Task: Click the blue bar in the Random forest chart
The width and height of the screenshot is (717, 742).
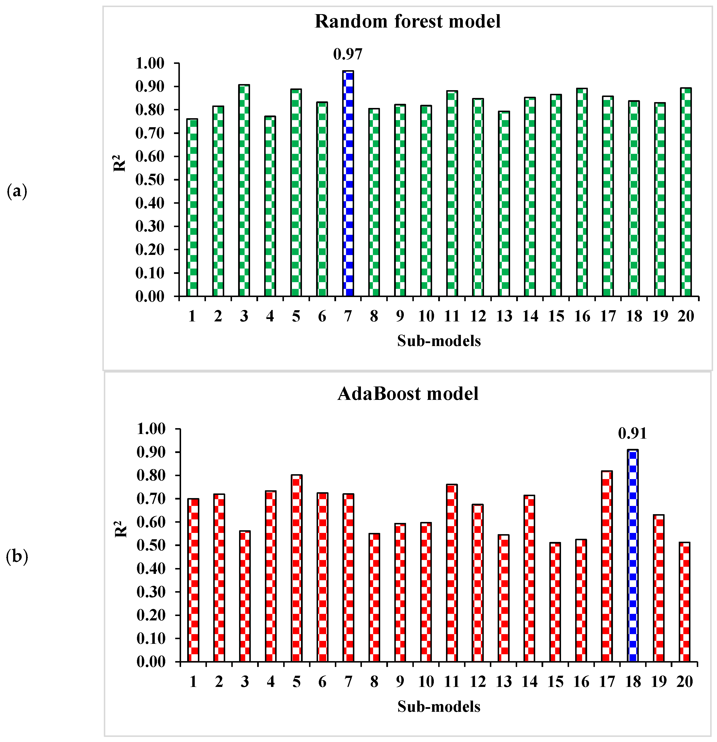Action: [348, 183]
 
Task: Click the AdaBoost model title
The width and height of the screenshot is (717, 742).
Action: [408, 394]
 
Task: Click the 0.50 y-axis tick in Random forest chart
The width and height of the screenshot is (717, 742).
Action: [150, 180]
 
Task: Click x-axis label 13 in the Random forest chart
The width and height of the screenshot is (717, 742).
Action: [504, 316]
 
